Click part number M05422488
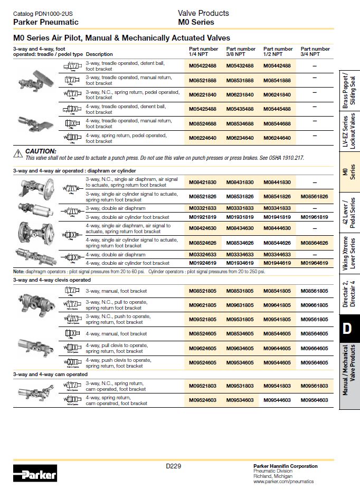pos(203,65)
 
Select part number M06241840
pos(277,94)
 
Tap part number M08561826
pos(314,196)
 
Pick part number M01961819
pos(314,217)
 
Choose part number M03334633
pos(240,255)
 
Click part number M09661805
pos(314,305)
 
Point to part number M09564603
pos(314,400)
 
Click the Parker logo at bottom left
pos(35,474)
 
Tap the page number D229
pos(173,466)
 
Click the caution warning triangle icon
pos(18,152)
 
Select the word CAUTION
pos(41,151)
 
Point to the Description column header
pos(99,54)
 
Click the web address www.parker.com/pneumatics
pos(283,482)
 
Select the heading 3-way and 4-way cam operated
pos(51,374)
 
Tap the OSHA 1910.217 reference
pos(287,158)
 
